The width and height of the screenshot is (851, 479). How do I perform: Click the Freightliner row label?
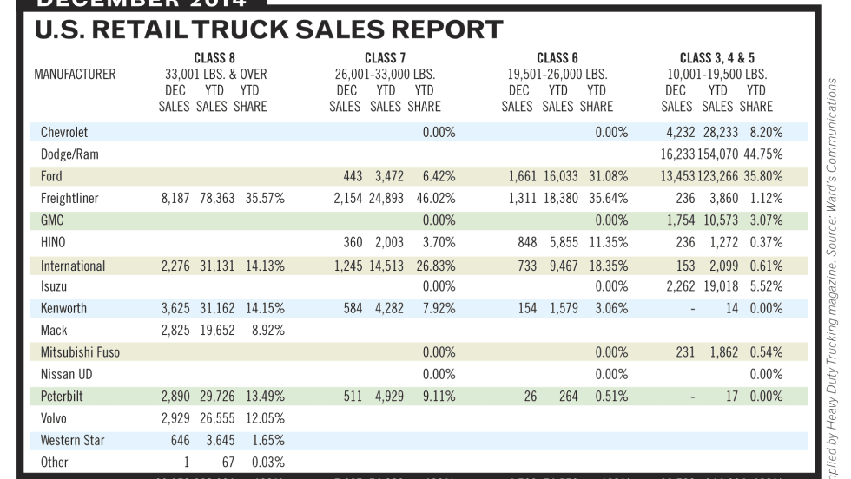point(69,199)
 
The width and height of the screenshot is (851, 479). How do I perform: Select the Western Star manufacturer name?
point(73,441)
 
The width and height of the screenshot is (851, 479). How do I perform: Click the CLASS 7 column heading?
point(386,59)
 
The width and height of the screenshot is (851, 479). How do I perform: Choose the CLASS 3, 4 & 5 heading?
point(716,59)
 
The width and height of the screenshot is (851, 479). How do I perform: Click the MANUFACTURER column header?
point(75,75)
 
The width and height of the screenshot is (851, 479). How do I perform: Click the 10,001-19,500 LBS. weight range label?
point(716,75)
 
